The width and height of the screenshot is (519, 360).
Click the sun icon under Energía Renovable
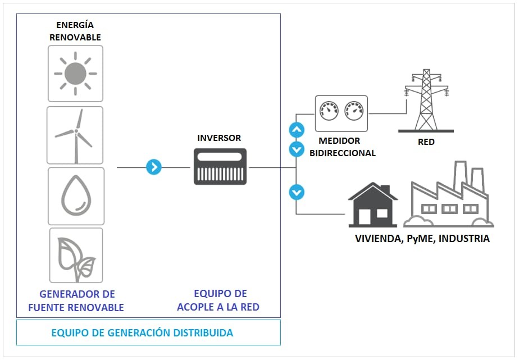(75, 73)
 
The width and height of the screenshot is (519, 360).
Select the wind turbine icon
(75, 135)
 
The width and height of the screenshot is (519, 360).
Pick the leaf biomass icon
(76, 255)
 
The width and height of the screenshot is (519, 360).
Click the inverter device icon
(220, 167)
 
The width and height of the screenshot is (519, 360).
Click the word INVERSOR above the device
(219, 138)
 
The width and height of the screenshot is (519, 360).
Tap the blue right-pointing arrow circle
(154, 167)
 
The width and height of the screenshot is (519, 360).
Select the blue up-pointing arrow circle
(296, 130)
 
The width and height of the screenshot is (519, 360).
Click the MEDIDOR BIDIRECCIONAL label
(342, 147)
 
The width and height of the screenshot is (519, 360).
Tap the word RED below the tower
(426, 142)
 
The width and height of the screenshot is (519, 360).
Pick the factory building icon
(449, 194)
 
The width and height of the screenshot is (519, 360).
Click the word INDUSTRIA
(464, 239)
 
